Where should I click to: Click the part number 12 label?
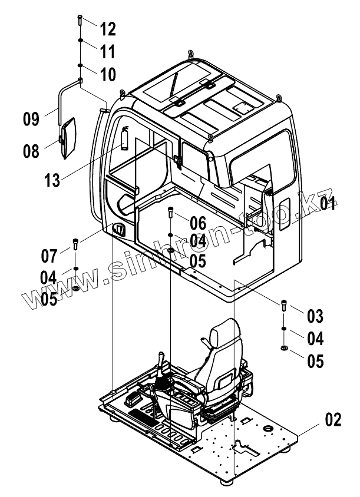[108, 28]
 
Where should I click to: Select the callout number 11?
[107, 51]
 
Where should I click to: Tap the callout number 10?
[108, 74]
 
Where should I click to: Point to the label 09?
[31, 119]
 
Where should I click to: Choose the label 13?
[52, 180]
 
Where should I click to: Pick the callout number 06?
[198, 222]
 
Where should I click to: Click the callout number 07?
[49, 256]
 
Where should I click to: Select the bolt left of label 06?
[171, 211]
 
